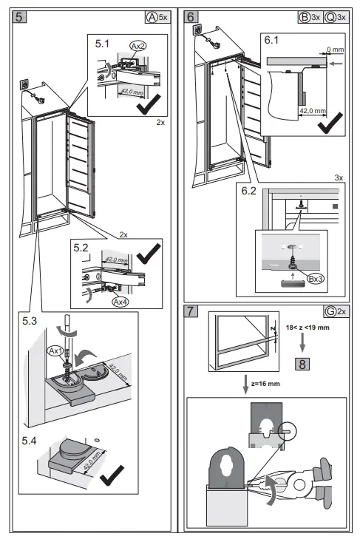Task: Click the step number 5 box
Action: [19, 16]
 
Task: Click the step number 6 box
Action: [191, 16]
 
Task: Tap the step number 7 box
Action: [191, 311]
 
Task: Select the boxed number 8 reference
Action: [302, 364]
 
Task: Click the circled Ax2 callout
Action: [137, 46]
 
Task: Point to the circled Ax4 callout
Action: [120, 302]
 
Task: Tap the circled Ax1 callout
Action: [55, 351]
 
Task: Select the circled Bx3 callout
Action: [316, 279]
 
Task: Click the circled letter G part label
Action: [330, 311]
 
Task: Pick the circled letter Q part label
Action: [330, 17]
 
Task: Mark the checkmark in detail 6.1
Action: [330, 123]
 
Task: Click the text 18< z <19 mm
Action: [308, 328]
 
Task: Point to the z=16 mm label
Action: [265, 384]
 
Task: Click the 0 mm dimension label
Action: [336, 50]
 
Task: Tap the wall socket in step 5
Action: [25, 84]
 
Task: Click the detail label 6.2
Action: [249, 191]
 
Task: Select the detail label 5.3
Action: [30, 321]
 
